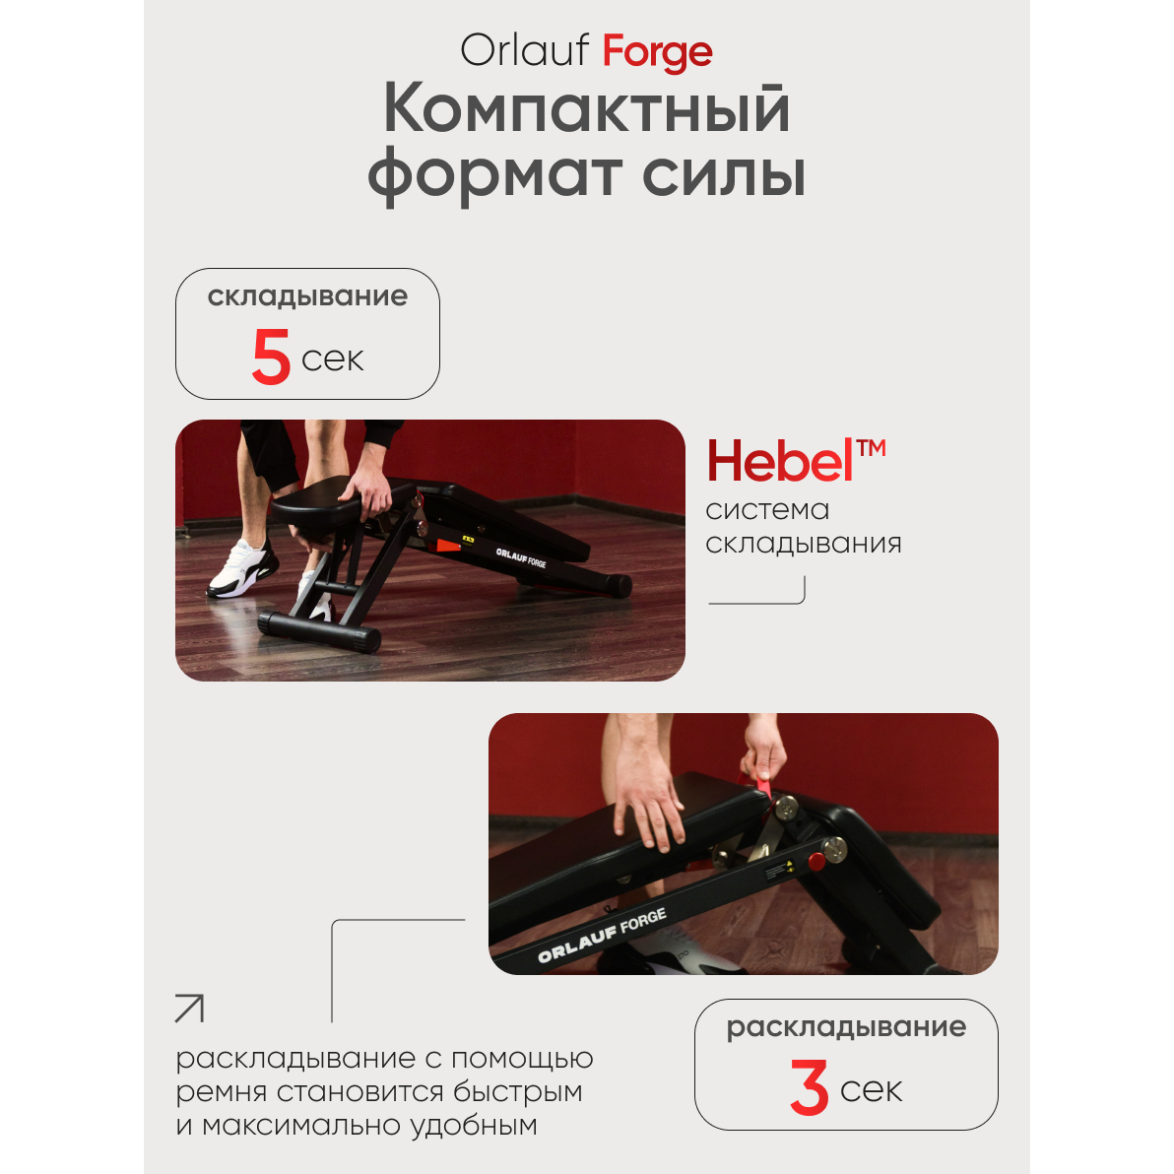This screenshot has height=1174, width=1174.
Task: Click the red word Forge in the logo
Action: tap(657, 52)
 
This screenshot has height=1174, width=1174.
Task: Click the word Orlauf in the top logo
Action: tap(524, 50)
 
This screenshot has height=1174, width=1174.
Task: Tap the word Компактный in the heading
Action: tap(586, 110)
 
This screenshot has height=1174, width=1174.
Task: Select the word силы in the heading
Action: tap(723, 173)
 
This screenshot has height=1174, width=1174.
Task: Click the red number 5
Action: tap(271, 358)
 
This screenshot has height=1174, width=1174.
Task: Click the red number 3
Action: tap(809, 1087)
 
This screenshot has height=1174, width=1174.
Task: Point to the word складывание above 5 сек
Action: tap(307, 296)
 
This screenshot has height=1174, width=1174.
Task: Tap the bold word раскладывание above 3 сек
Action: tap(846, 1027)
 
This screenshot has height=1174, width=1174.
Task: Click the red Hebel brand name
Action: tap(780, 461)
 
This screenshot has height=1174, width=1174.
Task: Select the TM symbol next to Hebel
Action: tap(872, 448)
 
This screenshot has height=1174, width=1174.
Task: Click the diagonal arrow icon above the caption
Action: tap(189, 1009)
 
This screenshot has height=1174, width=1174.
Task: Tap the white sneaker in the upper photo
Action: tap(240, 570)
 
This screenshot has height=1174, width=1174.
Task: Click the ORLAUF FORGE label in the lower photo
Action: tap(602, 935)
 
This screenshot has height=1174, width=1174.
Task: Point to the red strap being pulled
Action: tap(763, 786)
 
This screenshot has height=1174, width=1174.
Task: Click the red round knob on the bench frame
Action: tap(816, 861)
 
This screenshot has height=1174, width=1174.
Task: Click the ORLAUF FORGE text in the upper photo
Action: tap(521, 557)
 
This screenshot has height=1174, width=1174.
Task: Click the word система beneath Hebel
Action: tap(767, 510)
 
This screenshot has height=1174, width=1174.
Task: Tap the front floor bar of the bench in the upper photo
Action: tap(320, 632)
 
